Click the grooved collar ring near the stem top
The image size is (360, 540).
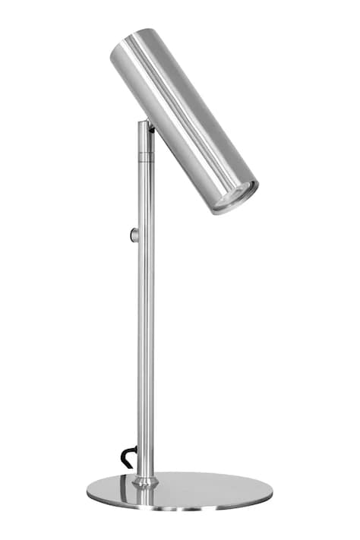click(145, 156)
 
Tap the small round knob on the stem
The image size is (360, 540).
click(134, 235)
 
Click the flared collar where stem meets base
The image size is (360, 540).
click(145, 480)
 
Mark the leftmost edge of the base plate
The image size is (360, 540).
click(88, 491)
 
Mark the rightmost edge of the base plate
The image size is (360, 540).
click(271, 492)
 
